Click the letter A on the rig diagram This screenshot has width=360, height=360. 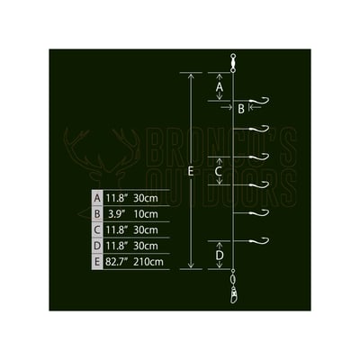(220, 87)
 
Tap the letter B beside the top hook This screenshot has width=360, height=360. (241, 109)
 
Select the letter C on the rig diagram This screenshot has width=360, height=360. (219, 171)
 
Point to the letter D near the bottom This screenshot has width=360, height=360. (220, 256)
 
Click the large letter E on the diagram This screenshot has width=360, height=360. (190, 171)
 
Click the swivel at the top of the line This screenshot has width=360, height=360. (232, 63)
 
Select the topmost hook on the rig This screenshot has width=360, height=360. (259, 101)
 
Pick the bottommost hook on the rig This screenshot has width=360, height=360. (259, 240)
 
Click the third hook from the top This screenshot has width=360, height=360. (259, 157)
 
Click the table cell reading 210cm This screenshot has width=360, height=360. (148, 262)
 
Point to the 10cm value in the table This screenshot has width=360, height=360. (146, 214)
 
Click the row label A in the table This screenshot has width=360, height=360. (97, 198)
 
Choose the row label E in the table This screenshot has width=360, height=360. (97, 262)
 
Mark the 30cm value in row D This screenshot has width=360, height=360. (146, 246)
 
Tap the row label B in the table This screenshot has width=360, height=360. (97, 214)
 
